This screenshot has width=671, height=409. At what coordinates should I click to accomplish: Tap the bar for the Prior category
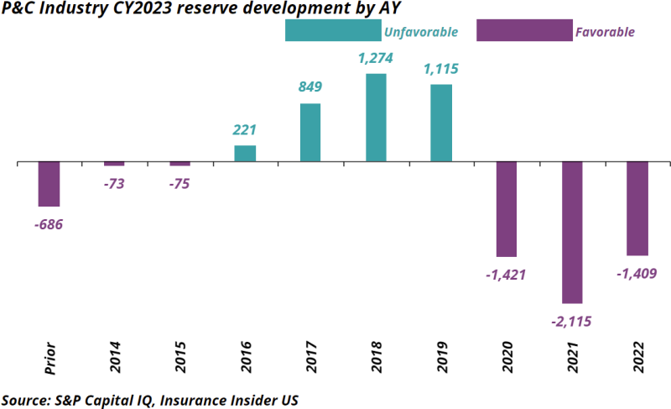point(49,183)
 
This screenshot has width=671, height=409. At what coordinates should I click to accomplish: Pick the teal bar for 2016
point(245,153)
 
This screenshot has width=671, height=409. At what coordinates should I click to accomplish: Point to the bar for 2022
point(637,207)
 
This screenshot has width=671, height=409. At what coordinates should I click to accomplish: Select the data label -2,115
point(572,320)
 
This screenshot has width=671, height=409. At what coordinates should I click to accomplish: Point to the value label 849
point(310,87)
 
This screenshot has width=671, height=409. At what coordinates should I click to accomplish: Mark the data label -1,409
point(637,273)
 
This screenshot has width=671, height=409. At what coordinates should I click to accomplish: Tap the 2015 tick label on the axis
point(179,356)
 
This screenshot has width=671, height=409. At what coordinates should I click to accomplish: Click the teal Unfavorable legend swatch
point(334,30)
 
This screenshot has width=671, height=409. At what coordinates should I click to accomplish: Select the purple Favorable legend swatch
point(524,30)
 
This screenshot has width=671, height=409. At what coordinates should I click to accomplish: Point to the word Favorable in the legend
point(605,32)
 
